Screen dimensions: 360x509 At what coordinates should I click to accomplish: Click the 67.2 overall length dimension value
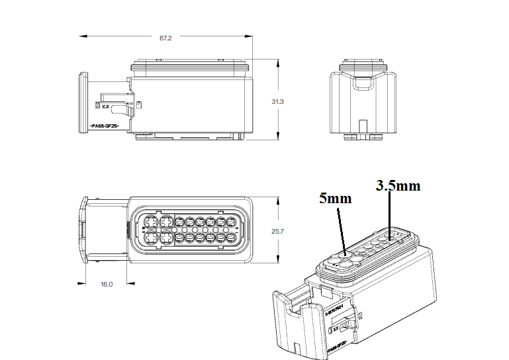coord(165,38)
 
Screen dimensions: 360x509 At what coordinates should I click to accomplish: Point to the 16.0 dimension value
coord(107,284)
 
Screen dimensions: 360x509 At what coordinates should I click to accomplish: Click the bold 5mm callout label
coord(335,198)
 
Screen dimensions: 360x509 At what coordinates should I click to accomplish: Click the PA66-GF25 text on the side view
coord(104,125)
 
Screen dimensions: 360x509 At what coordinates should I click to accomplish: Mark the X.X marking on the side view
coord(105,106)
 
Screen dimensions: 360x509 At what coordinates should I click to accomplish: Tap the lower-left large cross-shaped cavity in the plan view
coord(150,238)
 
